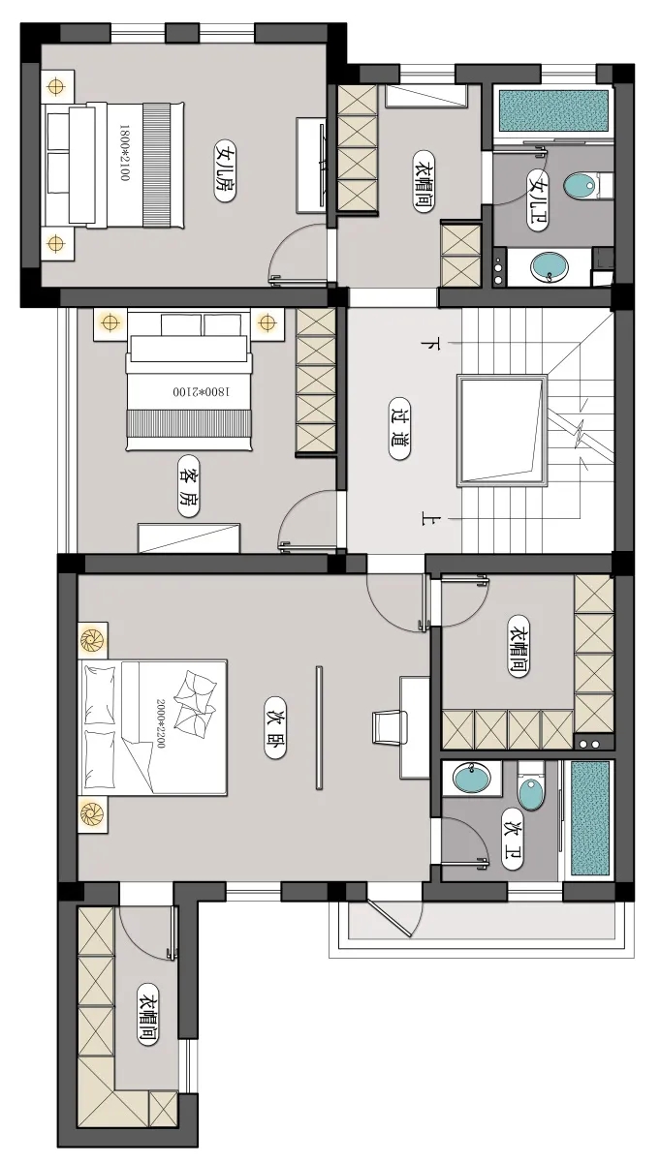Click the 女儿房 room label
pos(225,170)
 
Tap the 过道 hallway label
pos(399,429)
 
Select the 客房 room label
pos(188,486)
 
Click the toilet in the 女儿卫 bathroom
pos(587,184)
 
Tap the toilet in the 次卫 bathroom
pos(531,785)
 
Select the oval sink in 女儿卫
pos(549,267)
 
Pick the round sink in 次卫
pos(471,778)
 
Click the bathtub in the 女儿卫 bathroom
pos(553,111)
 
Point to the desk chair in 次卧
pos(390,727)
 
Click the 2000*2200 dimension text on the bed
pos(160,723)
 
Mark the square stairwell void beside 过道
pos(502,430)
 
